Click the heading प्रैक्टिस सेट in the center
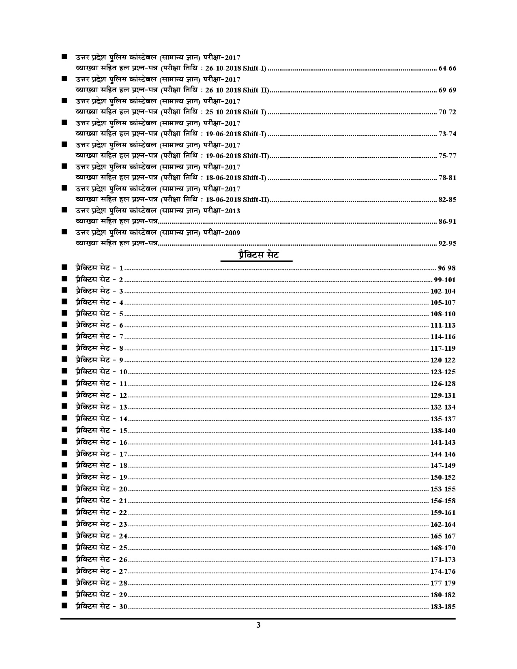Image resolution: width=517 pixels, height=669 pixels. [258, 255]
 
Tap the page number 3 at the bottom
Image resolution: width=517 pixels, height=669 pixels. [258, 625]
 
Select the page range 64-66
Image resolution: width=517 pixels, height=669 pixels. [447, 68]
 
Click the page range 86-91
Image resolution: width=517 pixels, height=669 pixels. [447, 221]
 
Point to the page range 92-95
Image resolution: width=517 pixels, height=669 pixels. [447, 243]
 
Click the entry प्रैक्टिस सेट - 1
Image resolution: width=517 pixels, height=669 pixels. [99, 268]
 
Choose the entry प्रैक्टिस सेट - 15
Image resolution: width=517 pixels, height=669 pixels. [101, 431]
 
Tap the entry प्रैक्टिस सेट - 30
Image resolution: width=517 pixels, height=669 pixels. [101, 607]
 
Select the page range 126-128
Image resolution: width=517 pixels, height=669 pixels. [443, 384]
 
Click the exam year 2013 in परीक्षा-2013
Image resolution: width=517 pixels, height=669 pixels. [232, 211]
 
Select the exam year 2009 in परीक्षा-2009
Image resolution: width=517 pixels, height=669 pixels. [232, 233]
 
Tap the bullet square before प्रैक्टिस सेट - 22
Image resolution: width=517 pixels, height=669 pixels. [64, 512]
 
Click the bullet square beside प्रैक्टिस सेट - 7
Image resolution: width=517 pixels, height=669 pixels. [64, 336]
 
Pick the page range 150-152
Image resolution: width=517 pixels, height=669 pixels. [443, 478]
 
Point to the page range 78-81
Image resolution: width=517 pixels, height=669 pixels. [447, 178]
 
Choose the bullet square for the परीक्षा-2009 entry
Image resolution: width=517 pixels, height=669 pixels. [64, 232]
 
